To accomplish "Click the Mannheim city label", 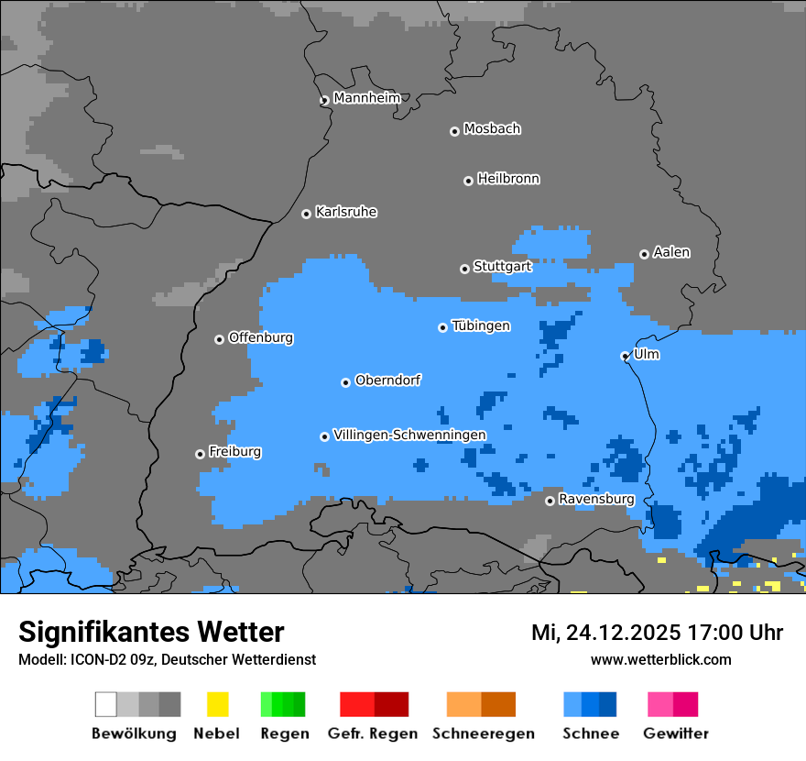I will click(366, 98).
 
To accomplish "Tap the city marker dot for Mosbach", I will click(454, 131).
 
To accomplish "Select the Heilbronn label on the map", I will click(508, 179).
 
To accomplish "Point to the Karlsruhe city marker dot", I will click(306, 214).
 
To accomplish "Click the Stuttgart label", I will click(503, 267).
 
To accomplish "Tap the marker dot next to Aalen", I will click(644, 254).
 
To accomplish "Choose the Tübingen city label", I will click(481, 325).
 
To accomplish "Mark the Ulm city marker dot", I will click(625, 356).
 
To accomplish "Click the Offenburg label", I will click(261, 337).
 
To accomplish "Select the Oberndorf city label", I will click(387, 380).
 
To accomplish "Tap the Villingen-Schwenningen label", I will click(409, 435).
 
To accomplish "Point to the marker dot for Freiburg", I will click(200, 454).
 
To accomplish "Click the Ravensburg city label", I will click(596, 499).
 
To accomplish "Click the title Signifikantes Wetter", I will click(151, 632).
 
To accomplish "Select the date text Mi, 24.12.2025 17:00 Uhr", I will click(657, 633).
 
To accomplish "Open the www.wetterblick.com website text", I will click(660, 659).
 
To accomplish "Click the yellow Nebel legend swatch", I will click(217, 704).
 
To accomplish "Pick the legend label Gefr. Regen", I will click(373, 733).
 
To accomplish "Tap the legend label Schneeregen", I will click(483, 733).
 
